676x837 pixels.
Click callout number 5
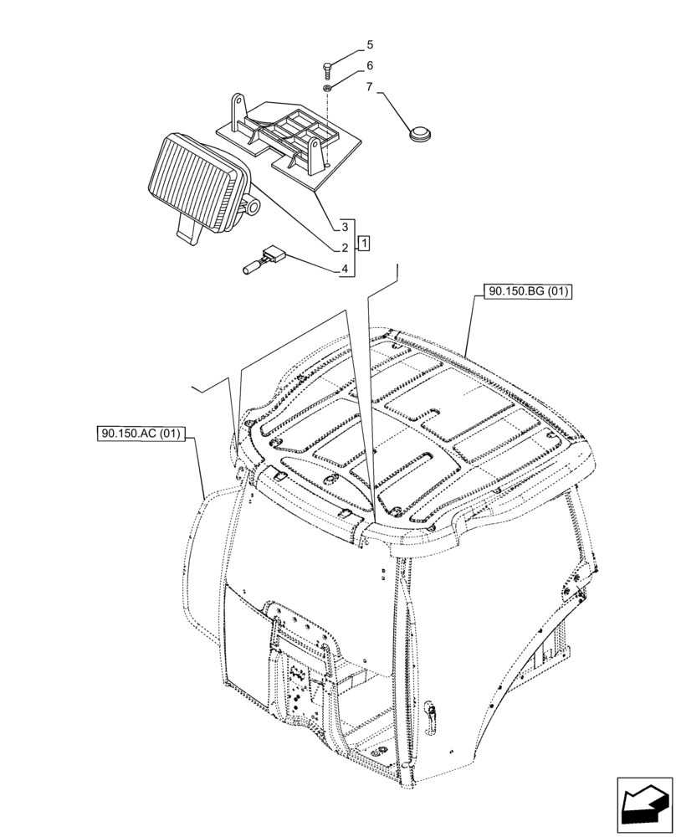[x=370, y=45]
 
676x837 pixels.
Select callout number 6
[x=370, y=66]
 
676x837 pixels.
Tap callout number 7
[x=370, y=87]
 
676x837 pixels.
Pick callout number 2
[x=344, y=248]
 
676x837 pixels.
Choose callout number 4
[x=344, y=269]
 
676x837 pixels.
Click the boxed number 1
[x=365, y=243]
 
